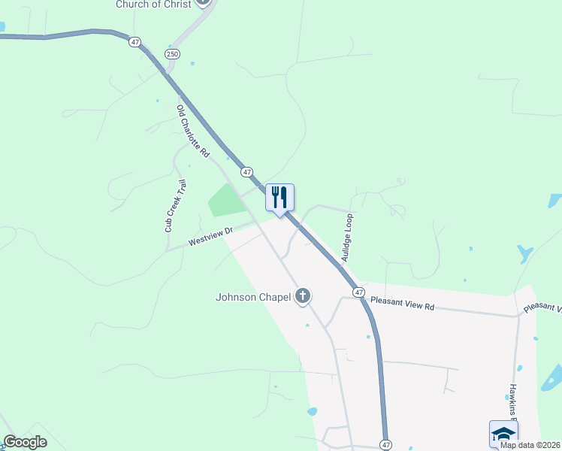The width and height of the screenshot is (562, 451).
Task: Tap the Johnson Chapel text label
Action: point(252,297)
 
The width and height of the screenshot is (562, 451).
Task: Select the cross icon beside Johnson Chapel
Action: point(303,296)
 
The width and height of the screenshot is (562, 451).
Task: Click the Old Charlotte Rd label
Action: point(192,131)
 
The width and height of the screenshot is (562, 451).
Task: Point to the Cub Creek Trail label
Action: point(175,205)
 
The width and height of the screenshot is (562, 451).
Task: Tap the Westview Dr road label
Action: point(211,238)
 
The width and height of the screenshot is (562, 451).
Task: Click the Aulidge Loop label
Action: point(347,237)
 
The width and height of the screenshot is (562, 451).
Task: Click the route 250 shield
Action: point(171,53)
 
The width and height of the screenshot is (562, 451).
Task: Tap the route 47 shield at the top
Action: point(135,43)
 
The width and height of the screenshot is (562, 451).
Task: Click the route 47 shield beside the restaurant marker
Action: point(247,172)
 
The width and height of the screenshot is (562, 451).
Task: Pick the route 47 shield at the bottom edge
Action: point(385,444)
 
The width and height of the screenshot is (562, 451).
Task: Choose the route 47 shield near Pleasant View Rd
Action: point(359,292)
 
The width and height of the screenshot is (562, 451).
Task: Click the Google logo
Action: point(25,442)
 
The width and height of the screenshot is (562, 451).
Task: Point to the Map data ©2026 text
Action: point(530,445)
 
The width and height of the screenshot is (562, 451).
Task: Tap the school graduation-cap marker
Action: point(503,434)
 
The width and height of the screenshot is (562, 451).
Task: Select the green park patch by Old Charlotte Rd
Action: point(225,199)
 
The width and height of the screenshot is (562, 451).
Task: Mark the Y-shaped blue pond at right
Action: point(524,253)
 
